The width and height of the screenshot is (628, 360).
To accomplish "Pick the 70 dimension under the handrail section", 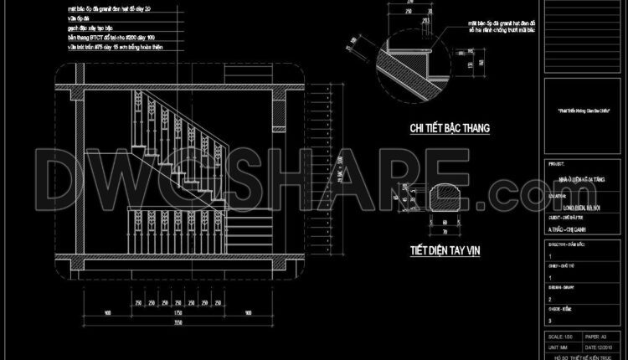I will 443,231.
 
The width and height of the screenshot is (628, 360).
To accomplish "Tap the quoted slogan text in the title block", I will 580,110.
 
